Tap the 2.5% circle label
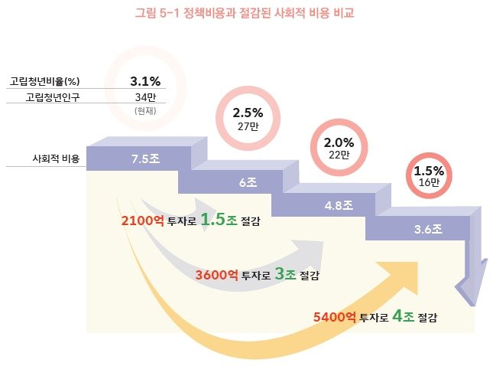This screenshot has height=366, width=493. pos(248,113)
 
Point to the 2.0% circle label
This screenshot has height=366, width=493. pos(339,142)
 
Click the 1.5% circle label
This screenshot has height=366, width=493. pos(429,170)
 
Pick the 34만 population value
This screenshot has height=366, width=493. pos(144,97)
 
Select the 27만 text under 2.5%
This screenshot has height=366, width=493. pos(248,127)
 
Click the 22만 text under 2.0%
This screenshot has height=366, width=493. pos(339,155)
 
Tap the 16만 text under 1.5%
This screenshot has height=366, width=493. pos(429,183)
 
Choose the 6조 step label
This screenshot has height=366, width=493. pos(247,183)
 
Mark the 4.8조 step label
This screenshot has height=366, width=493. pos(338,205)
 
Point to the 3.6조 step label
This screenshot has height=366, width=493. pos(428,228)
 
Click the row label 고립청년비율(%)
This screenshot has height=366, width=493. pos(45,81)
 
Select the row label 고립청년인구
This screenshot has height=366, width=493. pos(52,97)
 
